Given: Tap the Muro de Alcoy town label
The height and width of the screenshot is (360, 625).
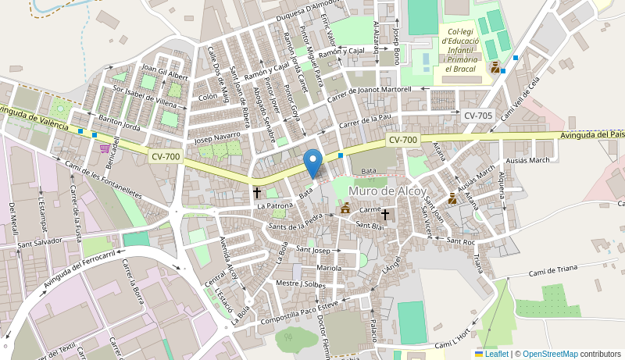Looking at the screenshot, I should (388, 191).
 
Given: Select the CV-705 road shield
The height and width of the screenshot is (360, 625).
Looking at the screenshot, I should (477, 116).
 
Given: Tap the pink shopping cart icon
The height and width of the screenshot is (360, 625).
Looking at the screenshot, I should (104, 148).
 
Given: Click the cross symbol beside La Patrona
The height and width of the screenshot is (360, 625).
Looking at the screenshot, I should (256, 191).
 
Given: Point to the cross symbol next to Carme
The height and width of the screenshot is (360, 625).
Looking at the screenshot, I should (385, 213).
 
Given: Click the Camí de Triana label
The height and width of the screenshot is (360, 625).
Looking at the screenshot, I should (552, 269).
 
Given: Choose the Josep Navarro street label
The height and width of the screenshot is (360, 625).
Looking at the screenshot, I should (217, 138).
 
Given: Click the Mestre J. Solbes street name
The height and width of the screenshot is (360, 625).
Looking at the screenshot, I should (301, 283).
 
